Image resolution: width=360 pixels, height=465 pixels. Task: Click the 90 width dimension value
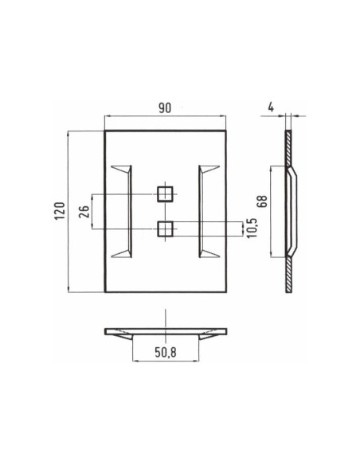tap(166, 107)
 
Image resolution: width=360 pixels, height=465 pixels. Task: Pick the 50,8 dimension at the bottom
tap(166, 351)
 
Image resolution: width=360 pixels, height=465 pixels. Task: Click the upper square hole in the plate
tap(165, 193)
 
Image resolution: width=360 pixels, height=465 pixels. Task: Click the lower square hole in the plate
tap(165, 229)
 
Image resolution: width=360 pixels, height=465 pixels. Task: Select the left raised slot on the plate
tap(123, 211)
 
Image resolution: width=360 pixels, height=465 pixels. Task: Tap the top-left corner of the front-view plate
tap(105, 131)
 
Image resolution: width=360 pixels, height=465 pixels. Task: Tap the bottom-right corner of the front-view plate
tap(225, 292)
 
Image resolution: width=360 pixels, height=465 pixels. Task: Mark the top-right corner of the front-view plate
tap(225, 131)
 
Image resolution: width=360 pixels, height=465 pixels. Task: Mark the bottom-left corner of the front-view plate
tap(105, 292)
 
